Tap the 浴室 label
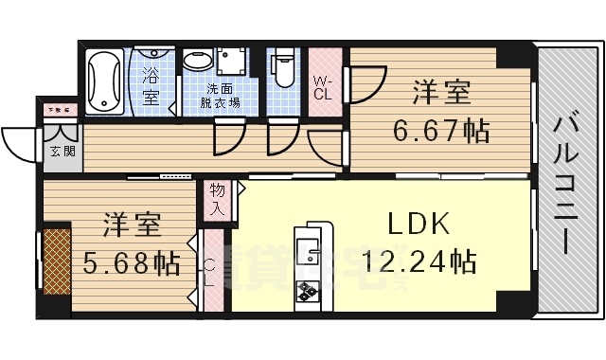pos(151,83)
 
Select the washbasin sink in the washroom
pos(198,63)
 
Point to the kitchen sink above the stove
pos(309,251)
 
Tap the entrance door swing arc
pos(19,142)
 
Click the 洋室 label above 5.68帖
pos(133,225)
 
